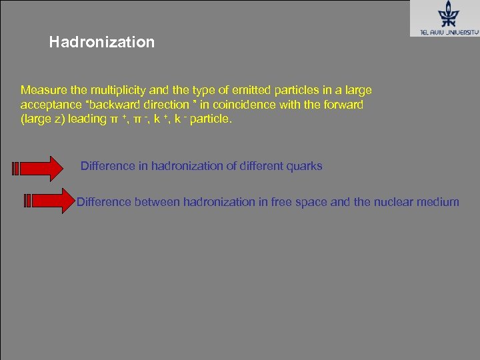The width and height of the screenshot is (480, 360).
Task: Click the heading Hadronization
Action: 101,43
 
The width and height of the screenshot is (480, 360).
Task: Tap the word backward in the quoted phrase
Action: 113,105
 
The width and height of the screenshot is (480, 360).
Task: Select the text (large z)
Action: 43,119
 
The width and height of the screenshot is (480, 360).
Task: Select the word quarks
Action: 304,166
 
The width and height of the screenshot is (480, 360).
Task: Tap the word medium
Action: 441,202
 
